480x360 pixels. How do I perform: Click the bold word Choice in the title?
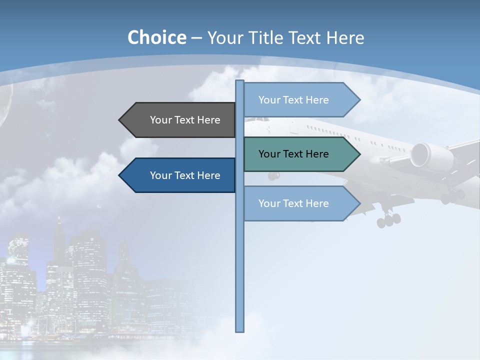coord(156,37)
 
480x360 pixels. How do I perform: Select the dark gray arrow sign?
coord(180,120)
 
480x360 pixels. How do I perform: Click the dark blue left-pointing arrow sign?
coord(180,175)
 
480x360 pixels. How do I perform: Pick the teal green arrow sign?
coord(300,154)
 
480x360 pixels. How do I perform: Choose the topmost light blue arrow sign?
coord(300,100)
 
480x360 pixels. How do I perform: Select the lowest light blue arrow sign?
coord(300,203)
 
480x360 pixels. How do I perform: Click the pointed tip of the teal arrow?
coord(358,154)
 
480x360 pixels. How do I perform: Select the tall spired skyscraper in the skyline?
coord(59,240)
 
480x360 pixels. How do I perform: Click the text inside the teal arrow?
coord(293,154)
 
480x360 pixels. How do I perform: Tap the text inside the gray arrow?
coord(185,120)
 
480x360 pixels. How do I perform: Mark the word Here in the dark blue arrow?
coord(208,175)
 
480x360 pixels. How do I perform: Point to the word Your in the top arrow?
coord(269,100)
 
